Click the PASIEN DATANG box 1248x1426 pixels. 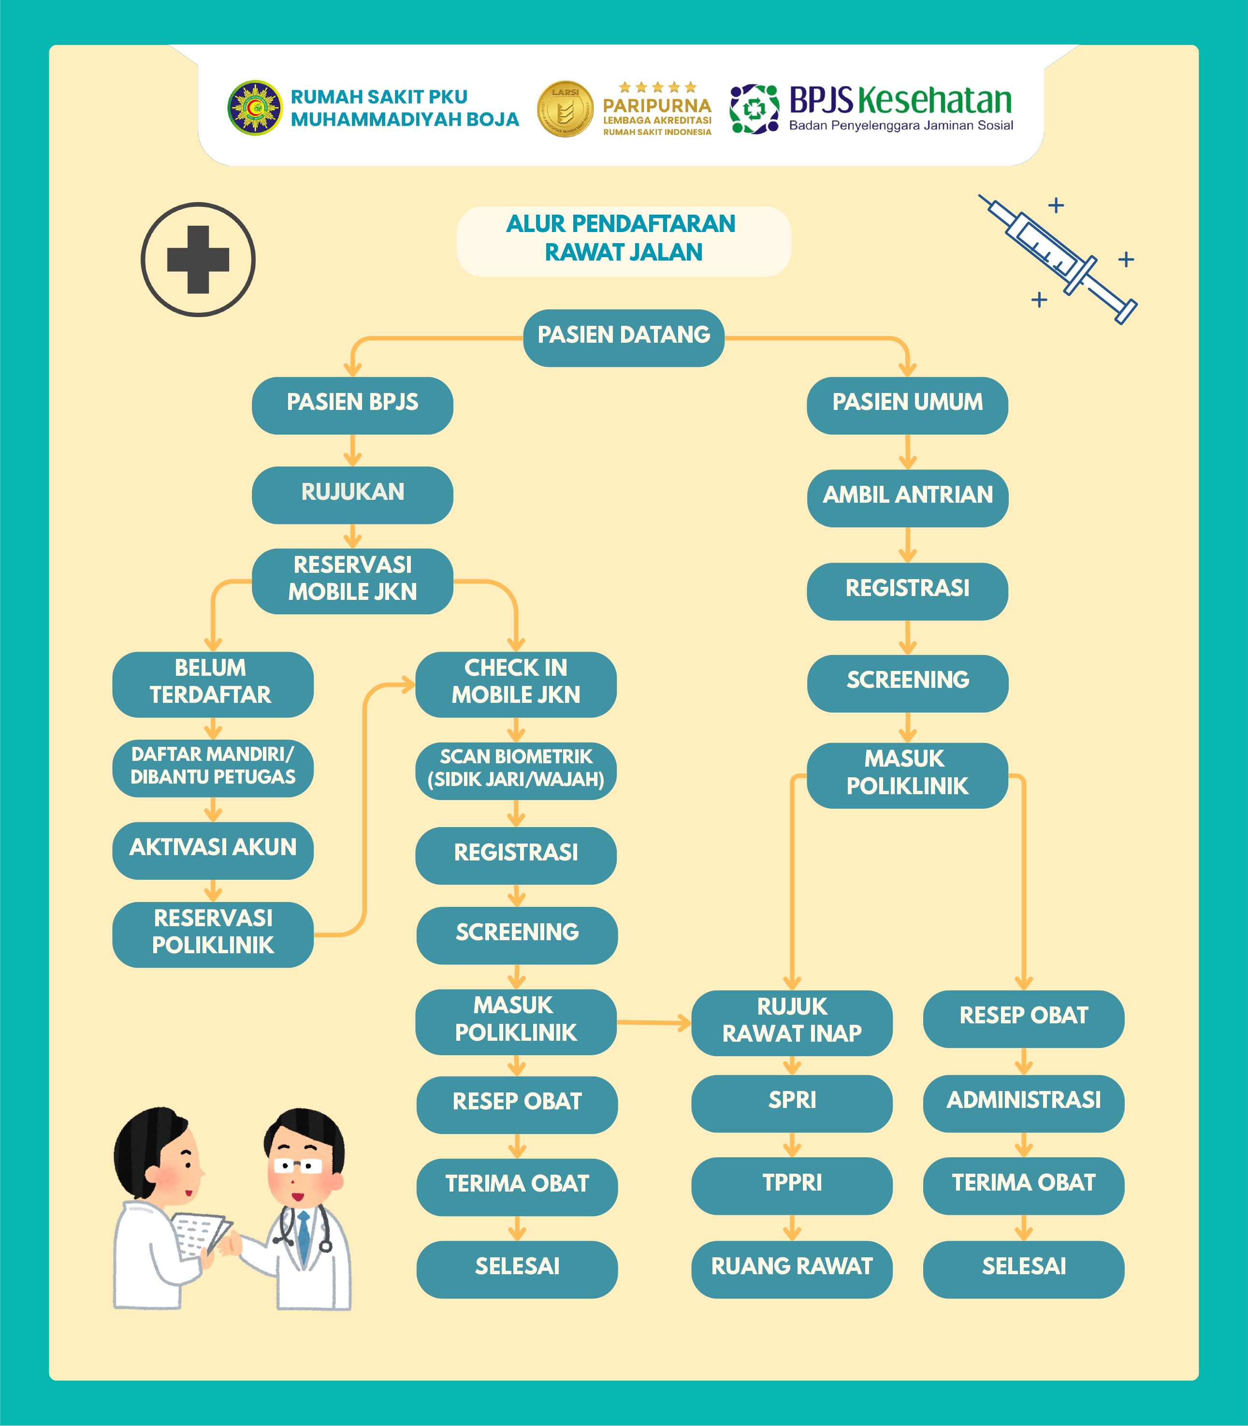coord(624,338)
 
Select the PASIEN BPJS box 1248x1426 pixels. coord(352,406)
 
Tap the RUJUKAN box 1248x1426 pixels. coord(352,495)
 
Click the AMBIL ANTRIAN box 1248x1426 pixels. coord(907,498)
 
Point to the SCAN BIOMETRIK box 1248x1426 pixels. coord(516,771)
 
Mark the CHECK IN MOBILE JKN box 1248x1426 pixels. coord(516,684)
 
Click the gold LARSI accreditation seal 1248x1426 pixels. coord(565,109)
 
